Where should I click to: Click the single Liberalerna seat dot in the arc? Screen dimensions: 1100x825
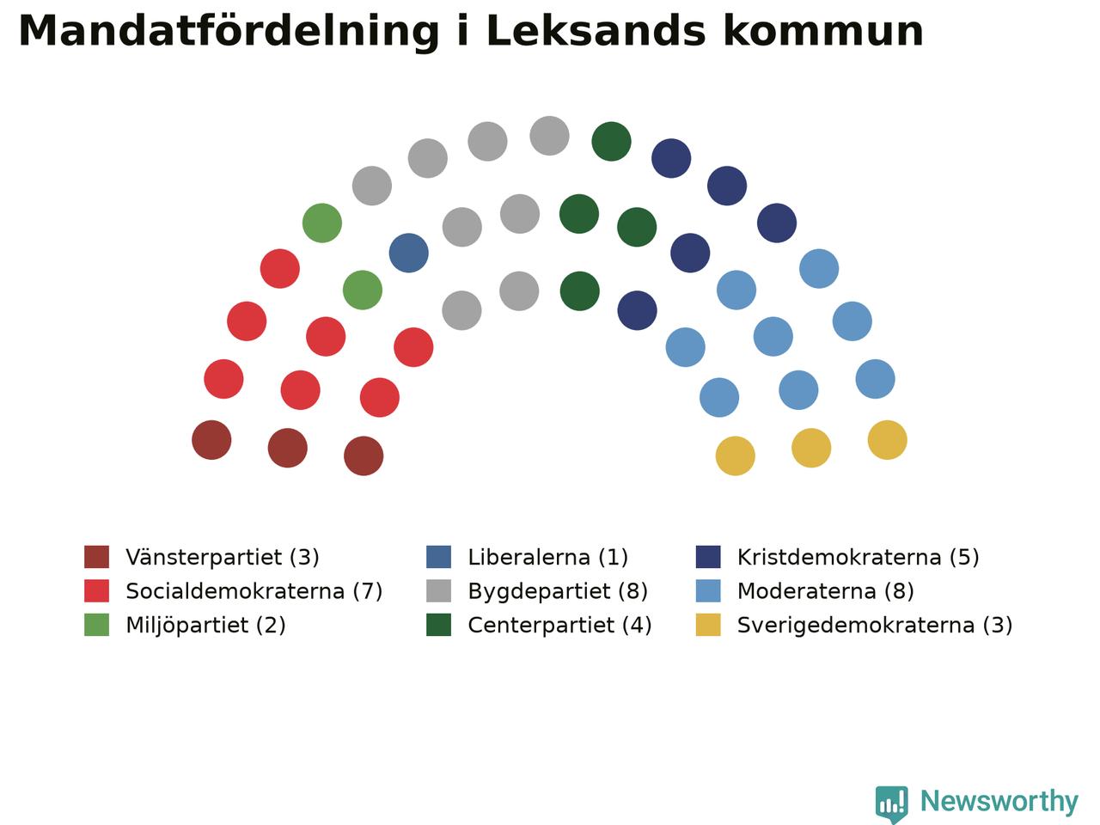[x=408, y=253]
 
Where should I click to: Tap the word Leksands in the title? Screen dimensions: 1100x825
[x=596, y=31]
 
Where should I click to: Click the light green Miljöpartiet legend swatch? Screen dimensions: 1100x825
[x=97, y=625]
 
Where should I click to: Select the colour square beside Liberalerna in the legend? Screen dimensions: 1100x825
[x=438, y=557]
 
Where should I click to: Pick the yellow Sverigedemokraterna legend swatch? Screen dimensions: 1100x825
[x=708, y=625]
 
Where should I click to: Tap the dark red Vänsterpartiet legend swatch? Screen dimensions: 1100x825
[x=97, y=557]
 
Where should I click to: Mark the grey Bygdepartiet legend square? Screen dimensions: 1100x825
[x=438, y=591]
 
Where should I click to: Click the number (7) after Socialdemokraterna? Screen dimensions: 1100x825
[x=368, y=591]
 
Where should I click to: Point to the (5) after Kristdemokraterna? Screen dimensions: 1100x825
[x=964, y=557]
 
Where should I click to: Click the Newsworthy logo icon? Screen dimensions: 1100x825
[x=891, y=804]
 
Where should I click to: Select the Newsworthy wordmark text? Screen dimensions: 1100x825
[x=999, y=801]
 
